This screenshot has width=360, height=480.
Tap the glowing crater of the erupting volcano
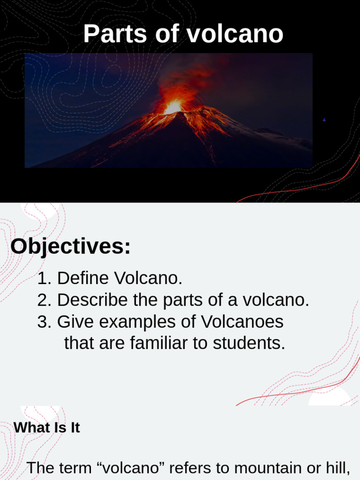pyautogui.click(x=173, y=107)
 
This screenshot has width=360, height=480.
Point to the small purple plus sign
pyautogui.click(x=324, y=120)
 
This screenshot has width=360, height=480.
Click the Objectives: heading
pyautogui.click(x=70, y=247)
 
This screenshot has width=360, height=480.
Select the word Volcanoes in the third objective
pyautogui.click(x=242, y=322)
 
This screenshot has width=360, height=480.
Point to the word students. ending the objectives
pyautogui.click(x=249, y=343)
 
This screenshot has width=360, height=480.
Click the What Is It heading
pyautogui.click(x=47, y=427)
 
